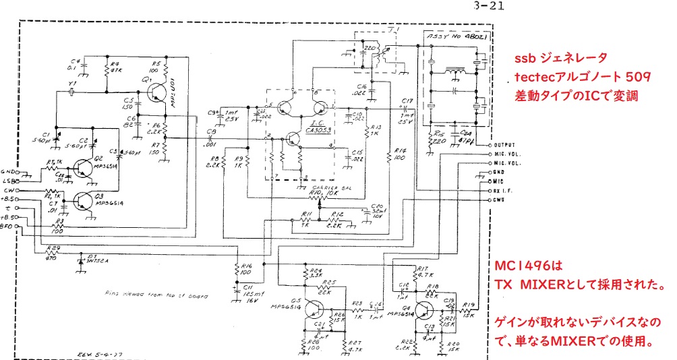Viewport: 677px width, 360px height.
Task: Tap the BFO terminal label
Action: point(7,229)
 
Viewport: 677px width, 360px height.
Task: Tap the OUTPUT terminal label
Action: point(504,145)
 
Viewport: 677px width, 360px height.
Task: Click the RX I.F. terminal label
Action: point(504,190)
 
